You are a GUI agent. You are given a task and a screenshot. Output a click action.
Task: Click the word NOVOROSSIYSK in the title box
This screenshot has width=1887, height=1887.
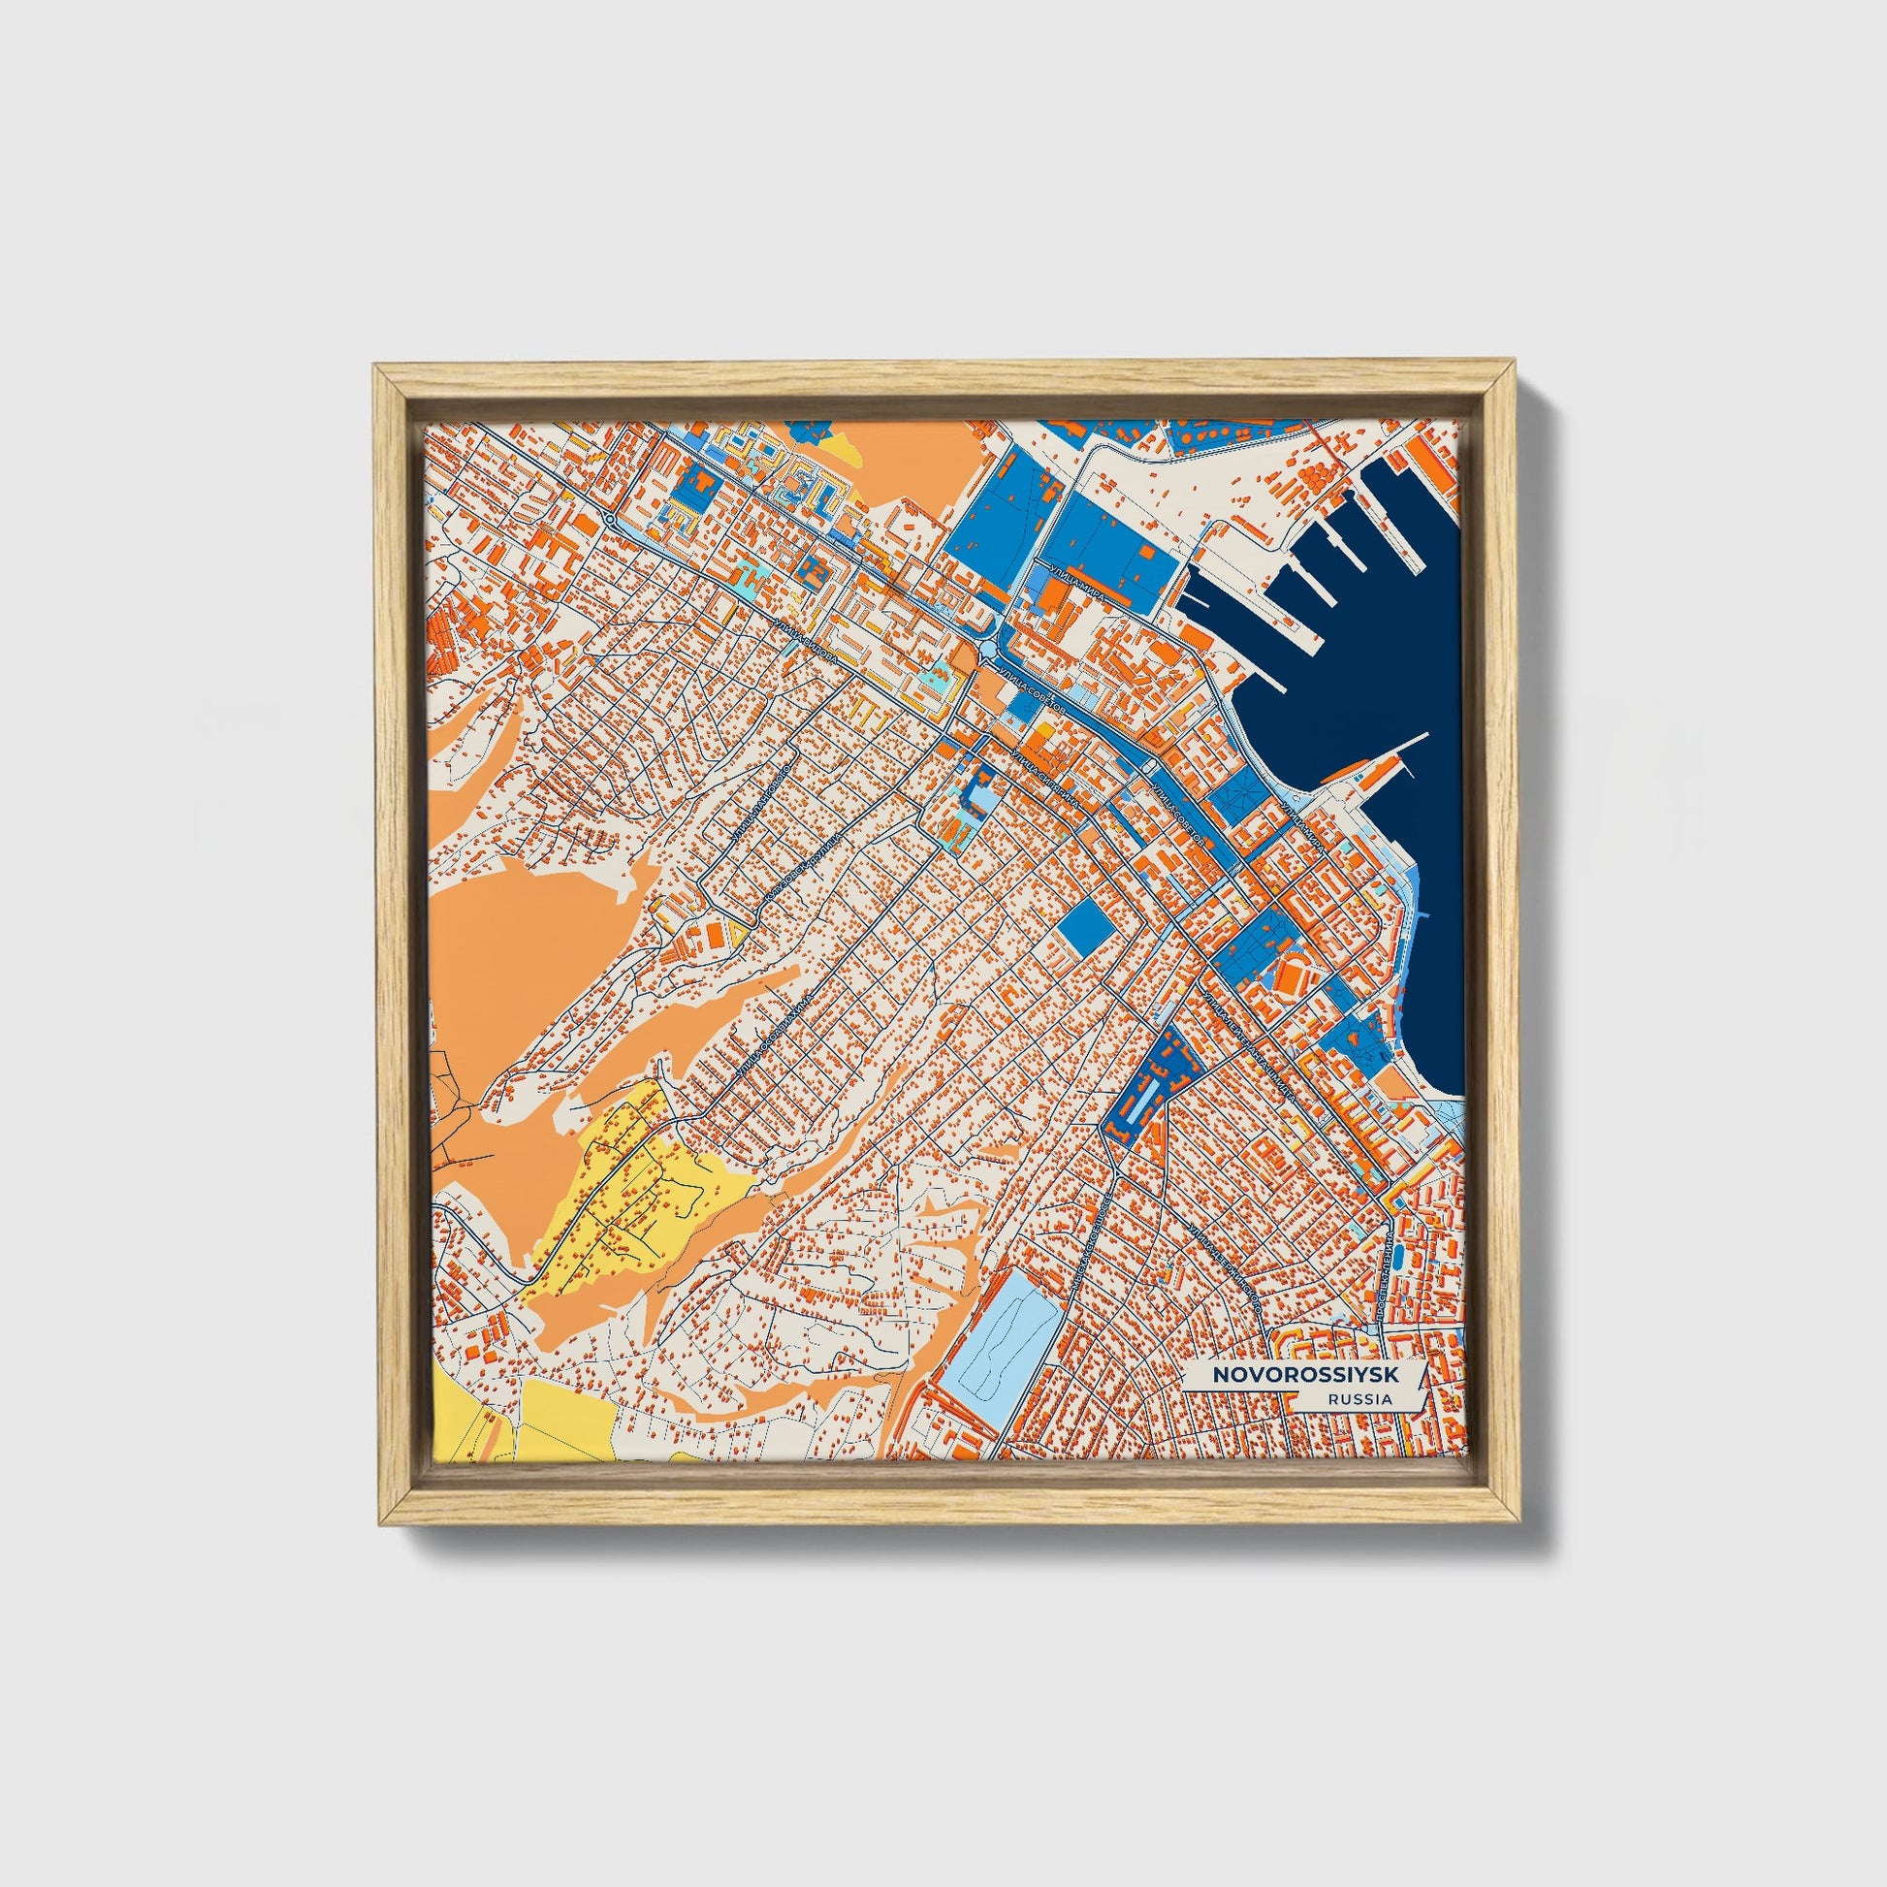click(1305, 1374)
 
